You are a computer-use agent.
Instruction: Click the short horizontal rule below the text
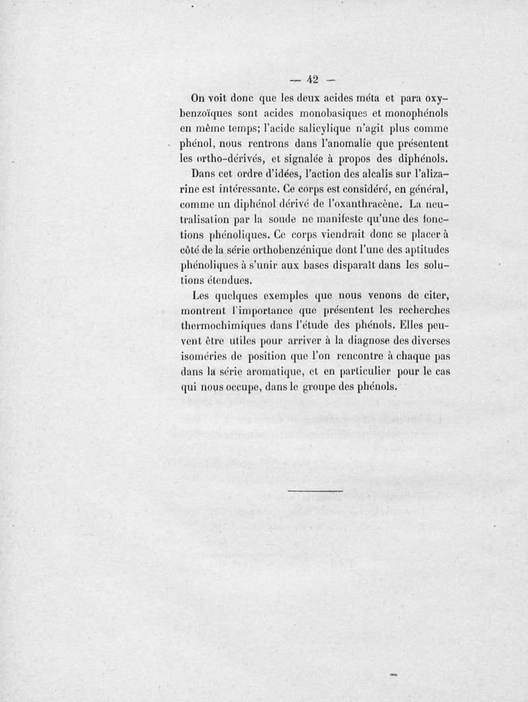click(316, 491)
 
